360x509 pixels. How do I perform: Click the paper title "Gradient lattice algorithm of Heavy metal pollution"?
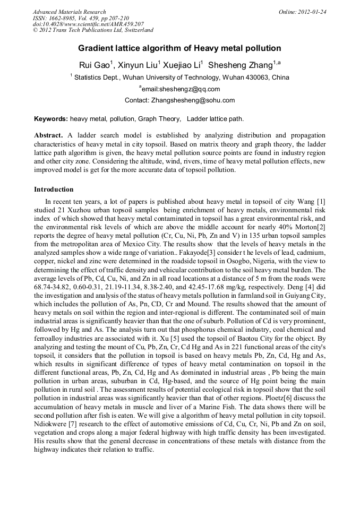(179, 48)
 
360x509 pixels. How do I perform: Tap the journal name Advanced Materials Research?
(70, 12)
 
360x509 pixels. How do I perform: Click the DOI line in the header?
(88, 24)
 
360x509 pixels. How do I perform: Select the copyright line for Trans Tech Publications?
(93, 31)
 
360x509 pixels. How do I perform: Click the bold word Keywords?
(50, 119)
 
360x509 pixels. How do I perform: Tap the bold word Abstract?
(48, 135)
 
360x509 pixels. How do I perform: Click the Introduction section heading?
(54, 189)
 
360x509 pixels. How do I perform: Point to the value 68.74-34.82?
(53, 277)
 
